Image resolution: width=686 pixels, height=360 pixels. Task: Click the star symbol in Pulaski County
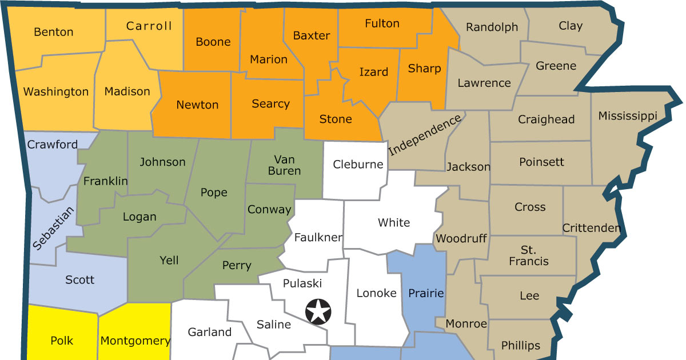pos(318,312)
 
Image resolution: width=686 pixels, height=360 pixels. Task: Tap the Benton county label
pos(54,32)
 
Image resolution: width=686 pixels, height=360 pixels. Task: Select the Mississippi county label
pos(628,116)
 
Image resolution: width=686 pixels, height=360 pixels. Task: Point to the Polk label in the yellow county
pos(62,341)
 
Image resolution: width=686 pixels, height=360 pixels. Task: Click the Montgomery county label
pos(135,341)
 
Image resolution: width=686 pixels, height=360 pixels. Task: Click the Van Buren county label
pos(284,165)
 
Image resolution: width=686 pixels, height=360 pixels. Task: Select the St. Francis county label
pos(529,255)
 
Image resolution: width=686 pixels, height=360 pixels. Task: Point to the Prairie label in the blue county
pos(426,293)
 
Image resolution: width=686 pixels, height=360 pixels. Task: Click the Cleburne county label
pos(358,165)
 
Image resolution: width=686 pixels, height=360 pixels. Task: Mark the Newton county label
pos(197,105)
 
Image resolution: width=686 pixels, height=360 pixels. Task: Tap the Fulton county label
pos(382,23)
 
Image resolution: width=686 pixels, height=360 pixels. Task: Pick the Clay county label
pos(571,26)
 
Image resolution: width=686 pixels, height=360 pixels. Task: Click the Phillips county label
pos(520,345)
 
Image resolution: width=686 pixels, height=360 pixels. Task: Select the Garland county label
pos(210,332)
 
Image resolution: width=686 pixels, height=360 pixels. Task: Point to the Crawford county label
pos(53,145)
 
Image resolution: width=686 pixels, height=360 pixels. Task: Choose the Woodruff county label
pos(461,238)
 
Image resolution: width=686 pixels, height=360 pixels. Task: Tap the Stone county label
pos(336,119)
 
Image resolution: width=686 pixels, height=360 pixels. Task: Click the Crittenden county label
pos(591,228)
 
